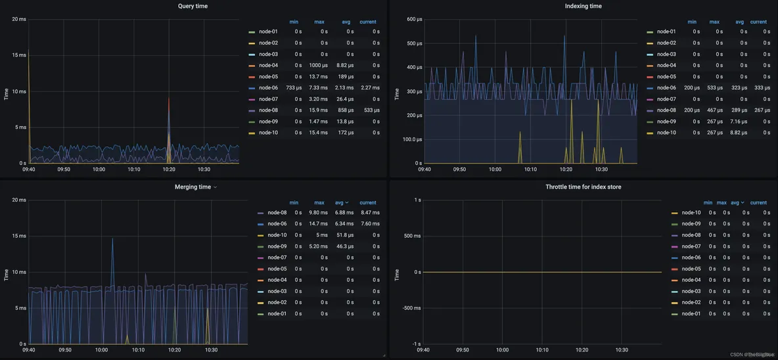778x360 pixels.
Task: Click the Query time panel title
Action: point(193,6)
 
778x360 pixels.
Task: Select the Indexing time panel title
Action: point(583,6)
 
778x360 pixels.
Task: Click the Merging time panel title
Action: point(193,187)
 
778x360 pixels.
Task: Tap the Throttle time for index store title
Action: point(583,187)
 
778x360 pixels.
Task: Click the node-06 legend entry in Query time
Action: point(268,88)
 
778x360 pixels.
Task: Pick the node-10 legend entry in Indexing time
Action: point(666,133)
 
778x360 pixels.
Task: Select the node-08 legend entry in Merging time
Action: point(277,213)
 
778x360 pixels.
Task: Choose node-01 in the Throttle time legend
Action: point(691,314)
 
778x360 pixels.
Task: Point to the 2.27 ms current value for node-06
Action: point(370,88)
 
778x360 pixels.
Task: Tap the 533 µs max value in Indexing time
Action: point(714,88)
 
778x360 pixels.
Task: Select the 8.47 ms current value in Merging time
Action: point(370,213)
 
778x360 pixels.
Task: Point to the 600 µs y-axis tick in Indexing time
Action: point(413,19)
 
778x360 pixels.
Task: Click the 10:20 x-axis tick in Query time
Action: point(169,169)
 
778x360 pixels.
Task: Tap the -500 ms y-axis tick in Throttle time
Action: point(411,308)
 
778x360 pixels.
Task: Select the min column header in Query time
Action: point(293,22)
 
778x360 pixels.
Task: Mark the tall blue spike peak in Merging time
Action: point(112,238)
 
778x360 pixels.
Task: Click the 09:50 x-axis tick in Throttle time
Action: point(463,350)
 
